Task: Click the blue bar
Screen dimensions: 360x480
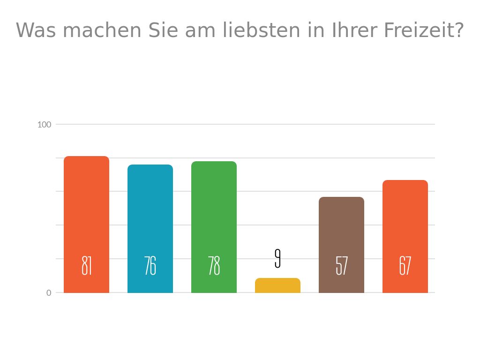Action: pyautogui.click(x=150, y=211)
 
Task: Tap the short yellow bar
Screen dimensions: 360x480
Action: pyautogui.click(x=277, y=285)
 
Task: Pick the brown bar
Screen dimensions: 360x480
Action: pyautogui.click(x=341, y=225)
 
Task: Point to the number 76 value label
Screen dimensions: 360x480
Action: pyautogui.click(x=150, y=266)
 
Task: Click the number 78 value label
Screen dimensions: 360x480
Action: pyautogui.click(x=214, y=266)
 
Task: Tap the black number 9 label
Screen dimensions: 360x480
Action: pyautogui.click(x=277, y=258)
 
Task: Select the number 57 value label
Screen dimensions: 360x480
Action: pyautogui.click(x=341, y=266)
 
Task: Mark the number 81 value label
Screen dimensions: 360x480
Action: pyautogui.click(x=86, y=266)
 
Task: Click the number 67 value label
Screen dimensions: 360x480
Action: pyautogui.click(x=405, y=266)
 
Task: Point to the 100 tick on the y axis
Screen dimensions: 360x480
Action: pyautogui.click(x=44, y=125)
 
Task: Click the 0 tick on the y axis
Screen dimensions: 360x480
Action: pyautogui.click(x=49, y=293)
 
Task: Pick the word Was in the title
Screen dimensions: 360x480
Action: pyautogui.click(x=36, y=31)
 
